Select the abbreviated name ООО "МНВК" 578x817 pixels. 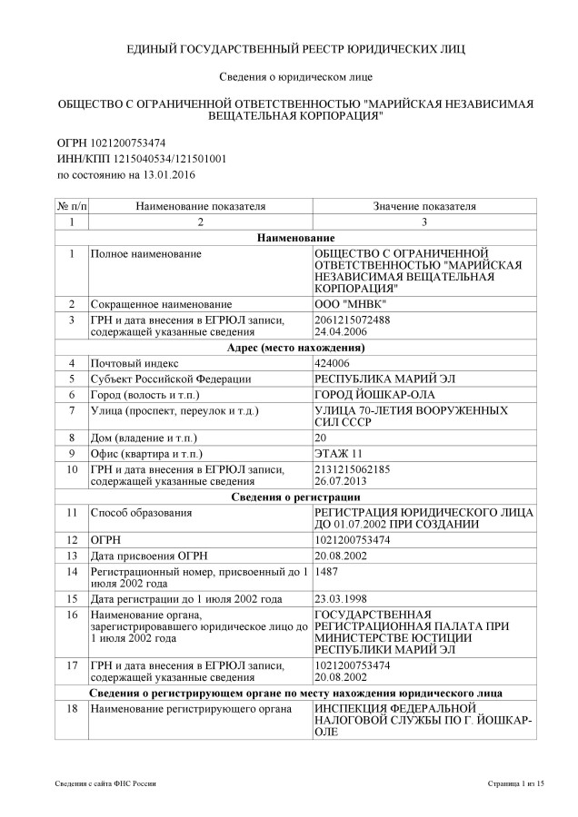click(348, 303)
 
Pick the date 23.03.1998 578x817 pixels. click(338, 599)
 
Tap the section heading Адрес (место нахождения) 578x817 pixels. click(289, 347)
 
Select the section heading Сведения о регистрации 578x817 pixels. click(289, 497)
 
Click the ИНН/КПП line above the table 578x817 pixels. click(129, 158)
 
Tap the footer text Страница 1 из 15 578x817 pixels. click(515, 782)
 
